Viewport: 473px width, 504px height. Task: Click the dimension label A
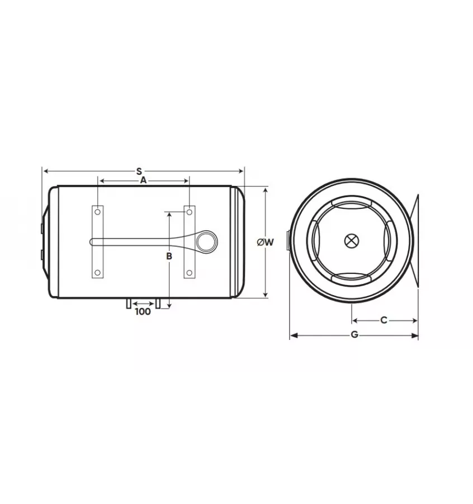tap(143, 180)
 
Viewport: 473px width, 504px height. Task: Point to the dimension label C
tap(384, 320)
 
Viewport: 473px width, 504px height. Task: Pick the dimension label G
tap(354, 335)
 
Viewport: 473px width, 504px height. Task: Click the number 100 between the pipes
tap(143, 311)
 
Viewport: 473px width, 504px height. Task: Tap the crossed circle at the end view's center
tap(351, 241)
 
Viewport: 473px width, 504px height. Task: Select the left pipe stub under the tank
tap(129, 303)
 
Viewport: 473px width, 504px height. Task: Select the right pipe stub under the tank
tap(158, 303)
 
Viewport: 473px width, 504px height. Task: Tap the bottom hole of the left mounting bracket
tap(97, 272)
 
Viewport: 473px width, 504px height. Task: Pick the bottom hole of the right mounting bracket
tap(190, 272)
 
